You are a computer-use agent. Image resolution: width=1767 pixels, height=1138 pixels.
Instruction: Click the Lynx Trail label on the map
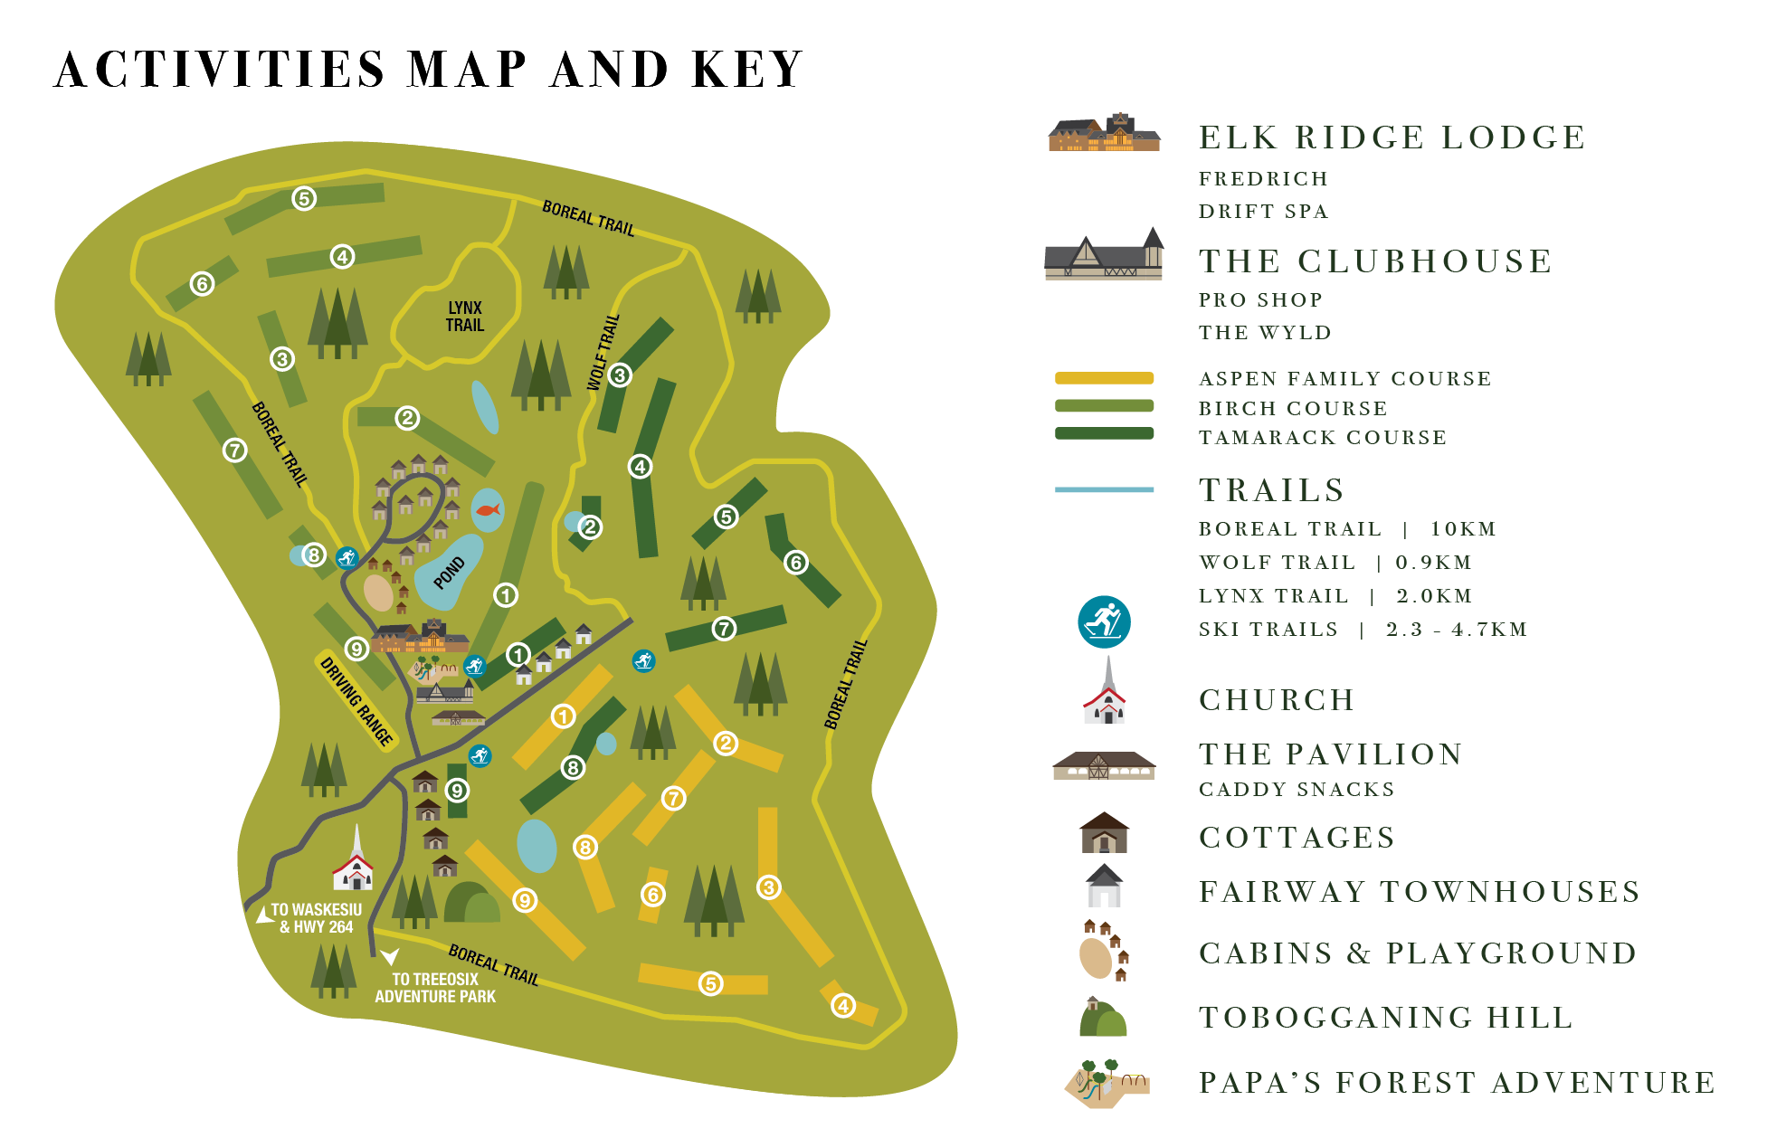pyautogui.click(x=465, y=317)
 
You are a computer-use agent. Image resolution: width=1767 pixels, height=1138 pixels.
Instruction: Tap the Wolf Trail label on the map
pyautogui.click(x=603, y=353)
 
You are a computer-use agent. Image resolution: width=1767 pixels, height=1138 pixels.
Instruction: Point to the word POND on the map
pyautogui.click(x=449, y=573)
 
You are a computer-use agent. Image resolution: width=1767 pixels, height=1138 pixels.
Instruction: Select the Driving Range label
pyautogui.click(x=356, y=701)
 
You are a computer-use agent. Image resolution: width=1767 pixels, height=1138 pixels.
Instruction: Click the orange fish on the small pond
pyautogui.click(x=488, y=510)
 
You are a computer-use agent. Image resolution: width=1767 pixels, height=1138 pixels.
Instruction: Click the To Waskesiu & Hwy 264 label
pyautogui.click(x=316, y=918)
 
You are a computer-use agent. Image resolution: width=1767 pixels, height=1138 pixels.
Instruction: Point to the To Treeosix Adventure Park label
pyautogui.click(x=435, y=988)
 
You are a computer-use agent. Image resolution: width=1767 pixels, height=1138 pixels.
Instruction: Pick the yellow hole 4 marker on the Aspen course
pyautogui.click(x=843, y=1005)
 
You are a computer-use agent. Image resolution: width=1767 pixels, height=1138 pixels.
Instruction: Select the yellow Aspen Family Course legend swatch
pyautogui.click(x=1104, y=378)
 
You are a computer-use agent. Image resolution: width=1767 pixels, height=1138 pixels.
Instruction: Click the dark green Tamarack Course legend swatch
pyautogui.click(x=1104, y=433)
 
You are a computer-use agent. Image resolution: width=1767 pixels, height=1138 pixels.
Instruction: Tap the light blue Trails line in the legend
pyautogui.click(x=1104, y=489)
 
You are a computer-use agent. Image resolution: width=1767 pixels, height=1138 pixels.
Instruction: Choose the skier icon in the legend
pyautogui.click(x=1104, y=622)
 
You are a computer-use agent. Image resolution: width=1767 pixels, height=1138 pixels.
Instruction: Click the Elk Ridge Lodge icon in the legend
pyautogui.click(x=1104, y=133)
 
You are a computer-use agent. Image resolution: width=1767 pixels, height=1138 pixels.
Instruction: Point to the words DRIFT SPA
pyautogui.click(x=1263, y=212)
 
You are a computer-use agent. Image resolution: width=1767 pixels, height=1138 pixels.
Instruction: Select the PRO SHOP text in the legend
pyautogui.click(x=1260, y=300)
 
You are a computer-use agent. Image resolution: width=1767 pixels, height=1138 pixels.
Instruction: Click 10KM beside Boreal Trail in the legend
pyautogui.click(x=1463, y=529)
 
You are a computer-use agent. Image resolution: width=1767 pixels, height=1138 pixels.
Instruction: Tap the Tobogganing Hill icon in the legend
pyautogui.click(x=1104, y=1019)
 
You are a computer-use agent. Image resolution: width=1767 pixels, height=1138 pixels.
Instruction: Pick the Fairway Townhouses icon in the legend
pyautogui.click(x=1104, y=887)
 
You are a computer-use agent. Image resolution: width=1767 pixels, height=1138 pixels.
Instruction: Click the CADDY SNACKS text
pyautogui.click(x=1297, y=790)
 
